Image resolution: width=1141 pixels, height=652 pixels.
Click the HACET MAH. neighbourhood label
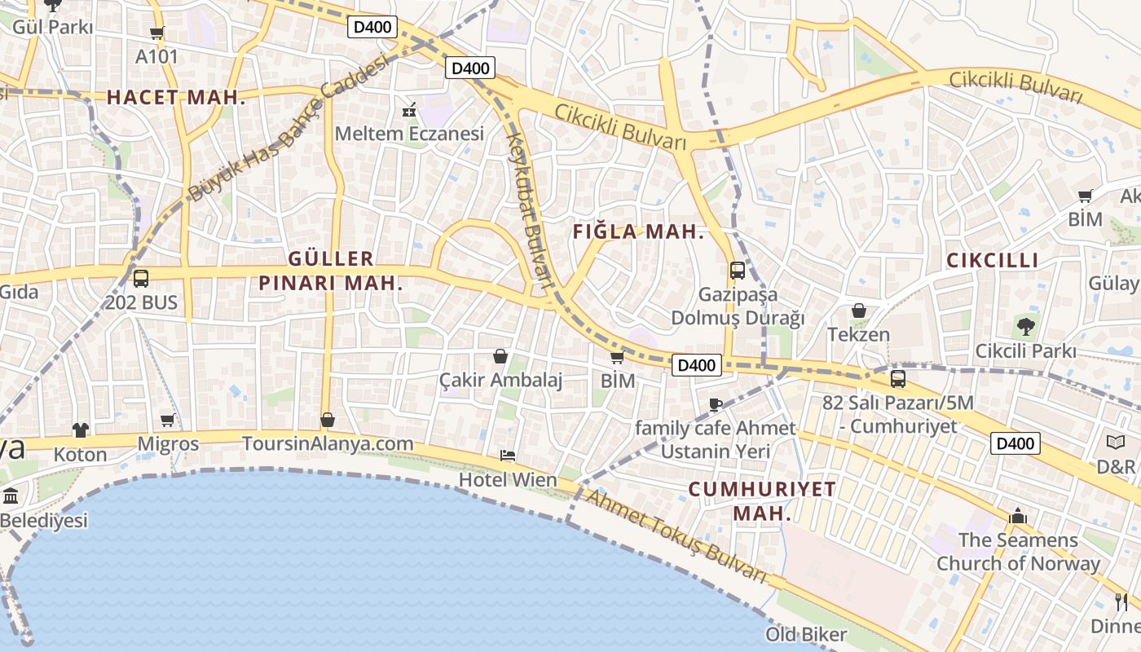(176, 98)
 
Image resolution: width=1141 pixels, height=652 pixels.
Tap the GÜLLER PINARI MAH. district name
(330, 271)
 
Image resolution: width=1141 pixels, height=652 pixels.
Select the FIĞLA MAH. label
(637, 232)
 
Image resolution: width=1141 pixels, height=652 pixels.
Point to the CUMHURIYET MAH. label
(762, 501)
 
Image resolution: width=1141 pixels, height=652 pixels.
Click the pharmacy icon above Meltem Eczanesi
(409, 110)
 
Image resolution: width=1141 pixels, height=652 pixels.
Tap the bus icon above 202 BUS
(141, 279)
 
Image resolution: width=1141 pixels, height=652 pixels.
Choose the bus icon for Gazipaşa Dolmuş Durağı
(738, 271)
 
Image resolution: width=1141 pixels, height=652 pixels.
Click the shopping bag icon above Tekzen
(858, 311)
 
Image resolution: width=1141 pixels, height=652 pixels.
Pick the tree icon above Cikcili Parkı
(1025, 327)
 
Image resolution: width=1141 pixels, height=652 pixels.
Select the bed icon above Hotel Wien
(508, 456)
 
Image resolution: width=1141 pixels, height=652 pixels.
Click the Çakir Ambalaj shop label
(500, 380)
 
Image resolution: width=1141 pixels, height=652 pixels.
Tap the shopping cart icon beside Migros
(168, 421)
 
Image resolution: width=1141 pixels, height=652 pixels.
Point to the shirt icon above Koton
(80, 430)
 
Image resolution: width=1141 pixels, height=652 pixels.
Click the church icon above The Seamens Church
(1017, 516)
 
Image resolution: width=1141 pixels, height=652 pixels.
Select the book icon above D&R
(1116, 443)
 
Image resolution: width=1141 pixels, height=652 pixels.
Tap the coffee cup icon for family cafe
(716, 404)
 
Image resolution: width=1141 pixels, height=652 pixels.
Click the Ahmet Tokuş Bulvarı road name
(676, 537)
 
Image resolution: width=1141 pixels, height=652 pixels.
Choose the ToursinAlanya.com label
(328, 444)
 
